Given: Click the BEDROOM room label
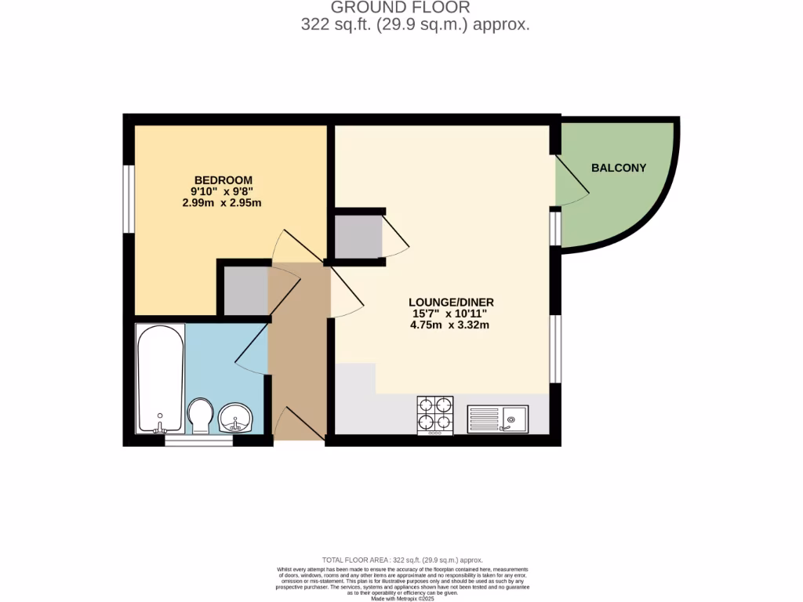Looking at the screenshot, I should click(x=223, y=179).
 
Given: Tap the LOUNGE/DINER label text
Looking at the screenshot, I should click(x=451, y=303).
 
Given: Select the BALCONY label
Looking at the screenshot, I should click(x=619, y=168).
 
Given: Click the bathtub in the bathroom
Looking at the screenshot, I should click(x=161, y=378).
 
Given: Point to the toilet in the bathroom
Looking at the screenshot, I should click(x=201, y=415).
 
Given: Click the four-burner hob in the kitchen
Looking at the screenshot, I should click(x=435, y=415).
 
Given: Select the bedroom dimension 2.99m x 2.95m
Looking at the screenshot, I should click(x=222, y=202).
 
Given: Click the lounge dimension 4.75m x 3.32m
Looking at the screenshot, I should click(x=451, y=325).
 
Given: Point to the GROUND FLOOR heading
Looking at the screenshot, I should click(x=400, y=8).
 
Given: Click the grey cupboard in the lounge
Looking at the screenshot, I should click(x=358, y=236).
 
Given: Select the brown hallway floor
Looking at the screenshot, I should click(x=297, y=353).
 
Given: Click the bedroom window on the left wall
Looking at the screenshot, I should click(x=127, y=198).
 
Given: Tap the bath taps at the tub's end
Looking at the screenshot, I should click(x=160, y=428).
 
